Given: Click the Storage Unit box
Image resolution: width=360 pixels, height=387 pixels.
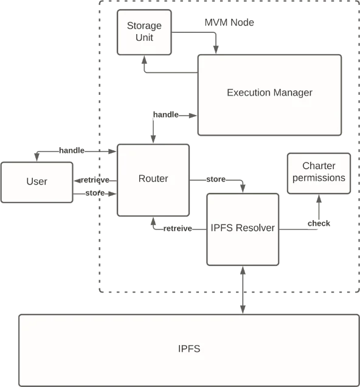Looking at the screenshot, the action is coord(144,32).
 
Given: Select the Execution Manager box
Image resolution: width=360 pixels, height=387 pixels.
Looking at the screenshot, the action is coord(269,95).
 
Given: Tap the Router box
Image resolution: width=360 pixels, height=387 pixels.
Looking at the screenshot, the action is coord(153,180).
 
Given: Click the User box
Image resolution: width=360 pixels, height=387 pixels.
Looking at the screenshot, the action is coord(36,183).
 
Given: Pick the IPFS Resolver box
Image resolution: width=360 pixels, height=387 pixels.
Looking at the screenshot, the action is coord(243,229).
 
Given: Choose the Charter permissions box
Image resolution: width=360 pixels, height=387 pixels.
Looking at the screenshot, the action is coord(319,173).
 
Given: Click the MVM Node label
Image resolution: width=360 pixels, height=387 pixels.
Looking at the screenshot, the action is coord(229,23).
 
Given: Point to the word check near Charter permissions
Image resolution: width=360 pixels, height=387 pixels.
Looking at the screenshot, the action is coord(319,223).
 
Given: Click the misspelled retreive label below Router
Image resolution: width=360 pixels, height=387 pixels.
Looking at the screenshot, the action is coord(178,229).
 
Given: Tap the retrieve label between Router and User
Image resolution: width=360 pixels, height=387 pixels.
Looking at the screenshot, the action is coord(95,180).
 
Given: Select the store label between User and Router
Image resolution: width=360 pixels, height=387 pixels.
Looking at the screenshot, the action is coord(95,193).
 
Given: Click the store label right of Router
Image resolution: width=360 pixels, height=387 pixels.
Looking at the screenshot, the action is coord(216,179).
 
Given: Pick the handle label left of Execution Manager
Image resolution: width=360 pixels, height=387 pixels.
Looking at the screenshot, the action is coord(165,114).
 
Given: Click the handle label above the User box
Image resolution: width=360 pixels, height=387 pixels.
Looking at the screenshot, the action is coord(72,150).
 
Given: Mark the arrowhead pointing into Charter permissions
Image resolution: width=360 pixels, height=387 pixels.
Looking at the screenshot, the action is coord(319,198).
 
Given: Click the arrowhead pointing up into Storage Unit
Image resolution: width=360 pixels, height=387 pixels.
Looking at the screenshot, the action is coord(145,60).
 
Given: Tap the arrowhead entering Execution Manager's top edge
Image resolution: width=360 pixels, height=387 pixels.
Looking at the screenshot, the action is coord(216,50).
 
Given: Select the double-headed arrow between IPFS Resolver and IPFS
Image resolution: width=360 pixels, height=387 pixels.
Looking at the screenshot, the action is coord(243,290).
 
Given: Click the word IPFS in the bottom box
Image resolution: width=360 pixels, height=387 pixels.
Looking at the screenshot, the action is coord(189,349).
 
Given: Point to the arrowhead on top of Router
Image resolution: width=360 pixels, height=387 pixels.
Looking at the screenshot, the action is coord(153,139).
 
